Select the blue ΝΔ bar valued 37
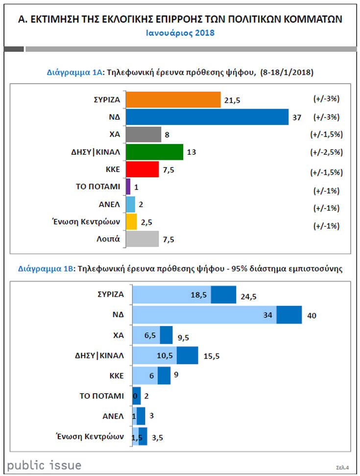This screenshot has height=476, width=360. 207,117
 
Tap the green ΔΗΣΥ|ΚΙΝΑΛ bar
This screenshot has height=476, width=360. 154,152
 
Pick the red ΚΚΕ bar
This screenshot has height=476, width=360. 142,169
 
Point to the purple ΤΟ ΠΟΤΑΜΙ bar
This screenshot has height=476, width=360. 128,187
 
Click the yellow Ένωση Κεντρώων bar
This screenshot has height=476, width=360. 131,222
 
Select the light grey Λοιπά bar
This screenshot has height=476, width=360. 142,239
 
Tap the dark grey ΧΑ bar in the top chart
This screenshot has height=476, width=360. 143,134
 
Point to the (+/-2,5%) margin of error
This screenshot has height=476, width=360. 326,152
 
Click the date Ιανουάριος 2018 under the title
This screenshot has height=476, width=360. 180,33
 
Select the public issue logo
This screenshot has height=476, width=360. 45,465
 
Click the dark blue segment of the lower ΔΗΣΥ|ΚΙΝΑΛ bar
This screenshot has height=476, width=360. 187,355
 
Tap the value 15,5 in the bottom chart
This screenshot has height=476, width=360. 211,356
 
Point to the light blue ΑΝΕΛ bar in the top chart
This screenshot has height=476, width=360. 130,204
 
